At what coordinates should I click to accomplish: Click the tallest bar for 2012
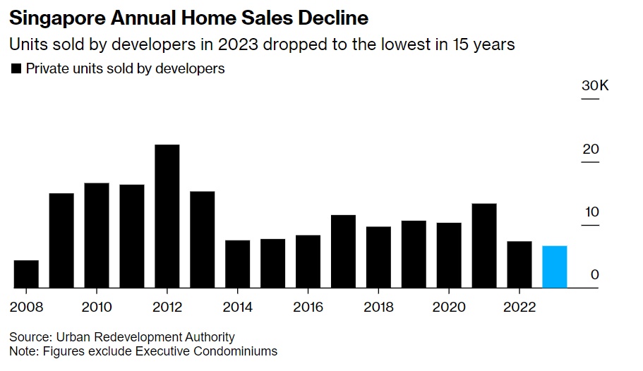[167, 216]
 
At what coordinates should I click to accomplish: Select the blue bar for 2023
[555, 267]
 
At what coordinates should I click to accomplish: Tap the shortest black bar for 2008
[26, 274]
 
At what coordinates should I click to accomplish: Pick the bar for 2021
[484, 245]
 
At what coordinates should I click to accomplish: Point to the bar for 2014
[238, 264]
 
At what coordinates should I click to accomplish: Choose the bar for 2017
[343, 251]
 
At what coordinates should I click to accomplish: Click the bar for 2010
[97, 235]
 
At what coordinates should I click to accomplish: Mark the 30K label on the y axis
[595, 85]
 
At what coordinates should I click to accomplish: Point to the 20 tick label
[591, 149]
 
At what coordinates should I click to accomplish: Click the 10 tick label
[591, 212]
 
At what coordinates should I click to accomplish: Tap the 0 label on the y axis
[595, 274]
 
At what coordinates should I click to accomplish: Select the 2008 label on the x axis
[26, 307]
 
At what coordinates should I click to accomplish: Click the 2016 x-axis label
[308, 307]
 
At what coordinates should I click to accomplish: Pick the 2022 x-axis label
[519, 307]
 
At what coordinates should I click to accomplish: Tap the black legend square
[16, 69]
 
